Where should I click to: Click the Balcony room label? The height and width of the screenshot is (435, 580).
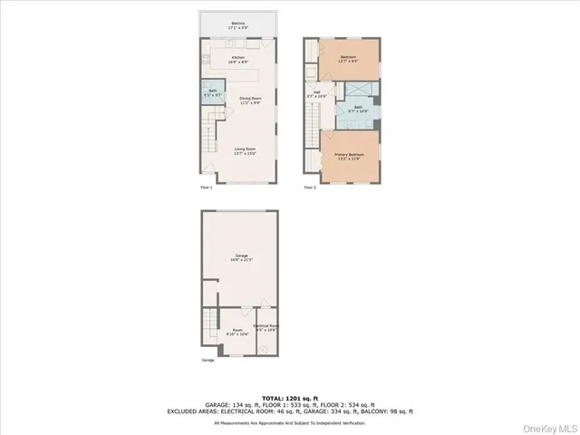[x=238, y=25]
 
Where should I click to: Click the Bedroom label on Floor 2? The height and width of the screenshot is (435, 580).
[x=349, y=59]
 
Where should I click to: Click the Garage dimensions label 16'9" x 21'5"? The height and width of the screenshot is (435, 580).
[x=239, y=260]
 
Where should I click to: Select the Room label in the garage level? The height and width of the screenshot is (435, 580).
[x=237, y=332]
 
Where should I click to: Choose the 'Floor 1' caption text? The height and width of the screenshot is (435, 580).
[x=206, y=188]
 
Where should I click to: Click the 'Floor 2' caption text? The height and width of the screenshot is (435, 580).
[x=310, y=188]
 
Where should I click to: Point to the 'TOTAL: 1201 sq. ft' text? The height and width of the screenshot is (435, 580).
[x=290, y=397]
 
